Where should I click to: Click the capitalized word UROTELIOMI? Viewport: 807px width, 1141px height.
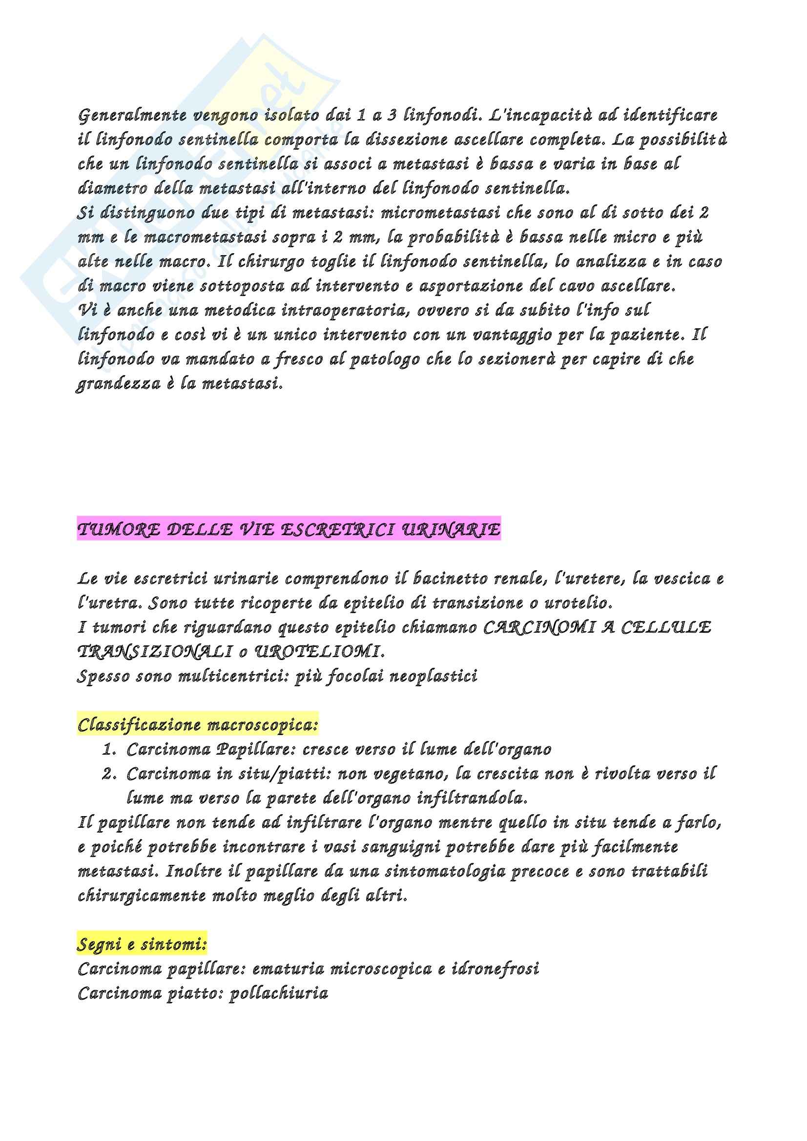(318, 652)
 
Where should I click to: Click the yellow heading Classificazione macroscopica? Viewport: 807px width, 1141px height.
(198, 725)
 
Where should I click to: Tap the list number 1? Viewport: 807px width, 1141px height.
(109, 749)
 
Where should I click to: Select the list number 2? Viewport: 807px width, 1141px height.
(109, 774)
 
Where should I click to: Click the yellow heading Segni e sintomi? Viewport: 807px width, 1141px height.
(142, 944)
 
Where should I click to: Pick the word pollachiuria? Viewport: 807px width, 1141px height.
(278, 993)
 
